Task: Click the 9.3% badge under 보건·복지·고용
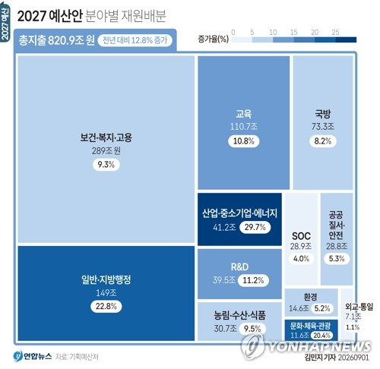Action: [x=106, y=165]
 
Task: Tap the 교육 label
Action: [x=244, y=114]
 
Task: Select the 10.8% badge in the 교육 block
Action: [x=244, y=141]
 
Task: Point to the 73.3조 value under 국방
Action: [x=323, y=126]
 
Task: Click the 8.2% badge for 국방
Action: [x=323, y=141]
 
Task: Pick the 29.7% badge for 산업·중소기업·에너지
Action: [x=255, y=227]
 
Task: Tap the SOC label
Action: [x=301, y=236]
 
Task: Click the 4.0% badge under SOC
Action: [x=301, y=258]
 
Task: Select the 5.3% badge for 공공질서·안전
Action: [x=337, y=258]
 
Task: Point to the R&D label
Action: [x=239, y=266]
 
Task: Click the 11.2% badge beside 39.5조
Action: [x=253, y=280]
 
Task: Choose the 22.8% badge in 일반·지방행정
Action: [x=106, y=306]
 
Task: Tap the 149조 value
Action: [x=106, y=293]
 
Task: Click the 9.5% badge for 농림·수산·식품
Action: [x=252, y=329]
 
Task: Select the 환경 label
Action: [x=310, y=297]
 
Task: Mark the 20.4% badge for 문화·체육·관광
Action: [x=322, y=336]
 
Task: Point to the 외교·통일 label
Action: [x=359, y=307]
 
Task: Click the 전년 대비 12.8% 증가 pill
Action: [x=135, y=40]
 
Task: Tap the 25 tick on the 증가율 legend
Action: [x=335, y=32]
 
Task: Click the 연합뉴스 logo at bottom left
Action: [x=33, y=356]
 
